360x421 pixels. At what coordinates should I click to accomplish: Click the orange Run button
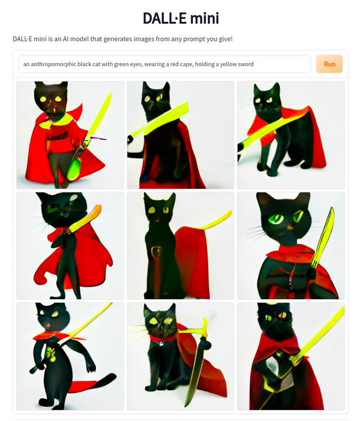330,64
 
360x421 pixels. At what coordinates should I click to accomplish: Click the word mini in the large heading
205,18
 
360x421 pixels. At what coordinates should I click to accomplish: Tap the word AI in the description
66,39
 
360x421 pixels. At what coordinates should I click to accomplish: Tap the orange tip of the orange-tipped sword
98,209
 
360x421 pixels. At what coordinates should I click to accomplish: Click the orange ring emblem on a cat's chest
155,252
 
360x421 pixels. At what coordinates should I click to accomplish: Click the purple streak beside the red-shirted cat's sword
98,139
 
